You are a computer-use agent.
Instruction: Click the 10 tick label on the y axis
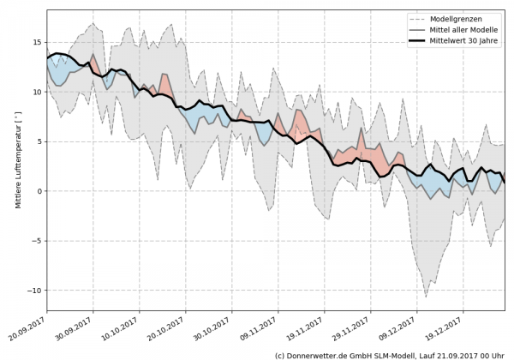tap(37, 92)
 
